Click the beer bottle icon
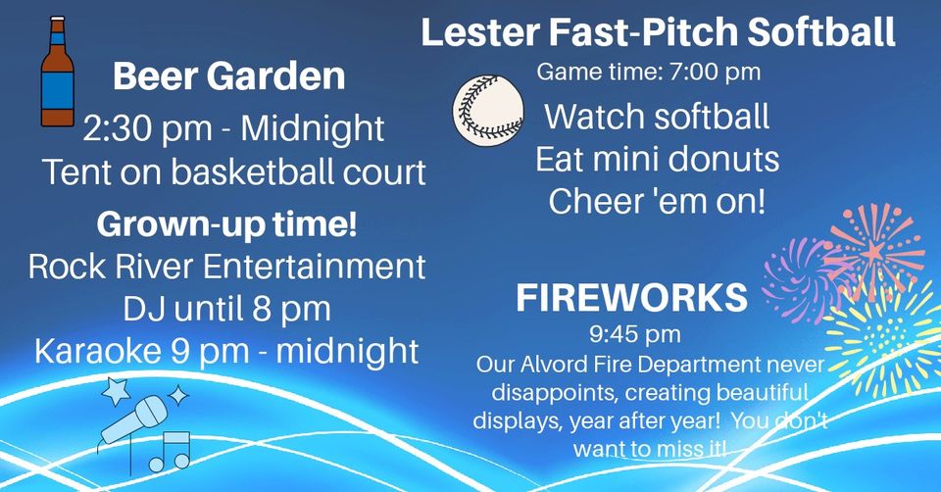(58, 72)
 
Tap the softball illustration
(488, 111)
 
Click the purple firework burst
(798, 279)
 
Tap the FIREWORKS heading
(632, 298)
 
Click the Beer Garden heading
(228, 76)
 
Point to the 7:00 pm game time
(715, 72)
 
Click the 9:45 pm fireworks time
(634, 334)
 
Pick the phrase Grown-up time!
(226, 224)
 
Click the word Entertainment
(315, 267)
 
